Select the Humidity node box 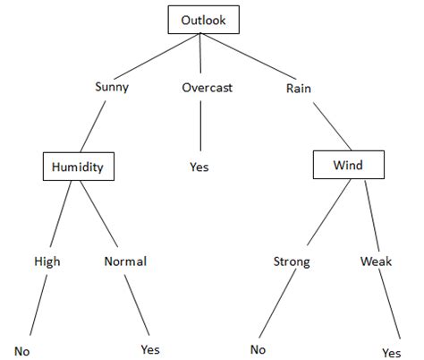(x=79, y=166)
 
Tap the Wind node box (x=349, y=166)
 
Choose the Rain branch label (x=298, y=88)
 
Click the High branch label (x=47, y=261)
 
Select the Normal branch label (x=125, y=261)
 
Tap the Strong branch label (x=292, y=261)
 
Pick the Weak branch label (x=377, y=261)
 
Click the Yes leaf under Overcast (x=199, y=167)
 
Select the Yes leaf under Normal (x=150, y=349)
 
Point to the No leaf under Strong (x=259, y=349)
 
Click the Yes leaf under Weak (x=391, y=352)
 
